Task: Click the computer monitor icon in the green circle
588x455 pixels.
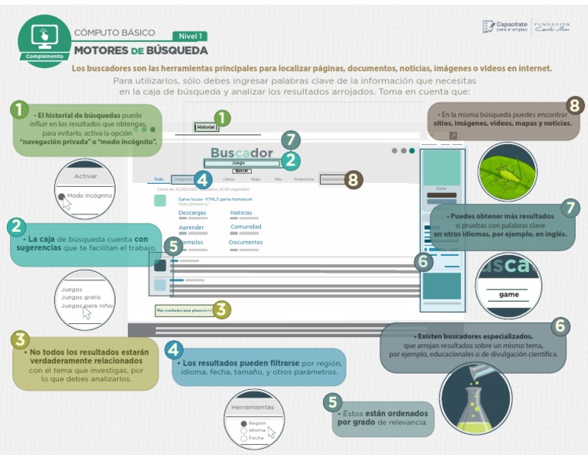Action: pos(44,36)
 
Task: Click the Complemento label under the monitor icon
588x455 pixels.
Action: pos(44,56)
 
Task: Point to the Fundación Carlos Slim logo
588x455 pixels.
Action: pos(551,27)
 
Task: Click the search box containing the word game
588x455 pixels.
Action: pos(508,294)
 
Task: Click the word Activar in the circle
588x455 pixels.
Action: pos(85,176)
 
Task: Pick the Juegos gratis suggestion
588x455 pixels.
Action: pos(80,297)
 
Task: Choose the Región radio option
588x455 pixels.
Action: pos(256,423)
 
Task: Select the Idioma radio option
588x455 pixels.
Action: pos(256,430)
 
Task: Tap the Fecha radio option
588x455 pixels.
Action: pos(255,438)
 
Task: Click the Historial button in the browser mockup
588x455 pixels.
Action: pos(205,127)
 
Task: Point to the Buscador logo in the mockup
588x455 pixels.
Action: pos(241,152)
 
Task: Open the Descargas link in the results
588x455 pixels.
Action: pos(191,213)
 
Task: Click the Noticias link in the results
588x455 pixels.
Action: pos(241,213)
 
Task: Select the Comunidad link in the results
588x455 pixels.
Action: pos(246,227)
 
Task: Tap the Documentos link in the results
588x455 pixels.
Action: pos(246,242)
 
